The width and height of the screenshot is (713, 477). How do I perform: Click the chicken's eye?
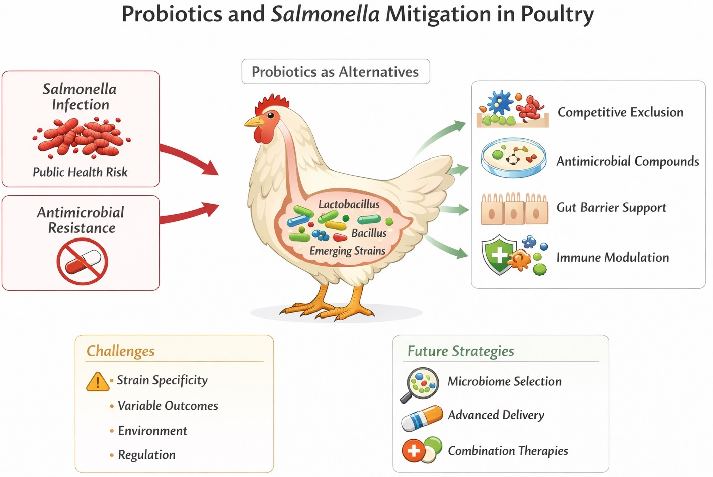tap(271, 117)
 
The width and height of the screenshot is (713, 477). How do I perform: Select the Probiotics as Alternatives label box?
tap(335, 72)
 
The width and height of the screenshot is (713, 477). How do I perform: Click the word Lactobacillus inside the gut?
tap(349, 204)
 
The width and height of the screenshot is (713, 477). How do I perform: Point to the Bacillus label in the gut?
tap(369, 233)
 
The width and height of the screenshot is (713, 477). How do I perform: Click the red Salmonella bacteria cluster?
tap(81, 137)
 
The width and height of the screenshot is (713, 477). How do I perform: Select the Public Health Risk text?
tap(80, 172)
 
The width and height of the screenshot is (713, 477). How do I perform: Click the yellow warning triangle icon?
tap(97, 382)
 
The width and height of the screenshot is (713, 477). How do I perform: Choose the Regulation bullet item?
tap(146, 455)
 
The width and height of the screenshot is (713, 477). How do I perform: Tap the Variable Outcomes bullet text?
tap(168, 406)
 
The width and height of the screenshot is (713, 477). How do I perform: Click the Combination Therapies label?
tap(508, 451)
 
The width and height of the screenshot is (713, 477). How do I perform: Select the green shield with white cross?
tap(498, 254)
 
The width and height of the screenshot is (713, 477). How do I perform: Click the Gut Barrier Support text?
tap(611, 208)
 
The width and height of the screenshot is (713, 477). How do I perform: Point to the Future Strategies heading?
tap(460, 351)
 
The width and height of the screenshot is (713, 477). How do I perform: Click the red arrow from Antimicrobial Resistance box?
tap(191, 214)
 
